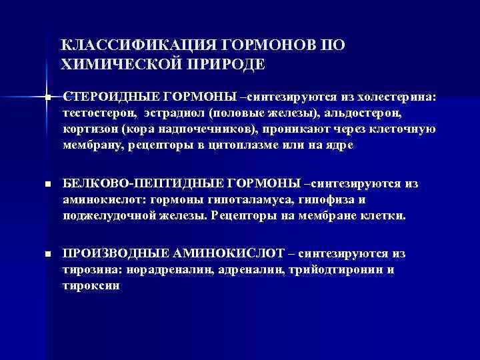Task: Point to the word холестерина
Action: pyautogui.click(x=399, y=97)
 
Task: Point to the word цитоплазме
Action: pyautogui.click(x=257, y=144)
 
